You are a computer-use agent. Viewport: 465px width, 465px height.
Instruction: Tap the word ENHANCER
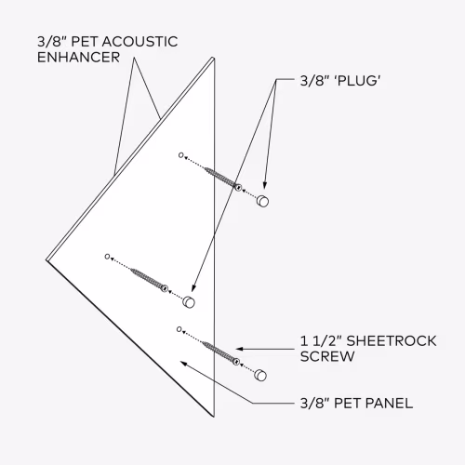78,57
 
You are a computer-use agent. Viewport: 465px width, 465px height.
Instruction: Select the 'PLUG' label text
358,81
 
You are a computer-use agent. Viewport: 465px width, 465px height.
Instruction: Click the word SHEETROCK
392,341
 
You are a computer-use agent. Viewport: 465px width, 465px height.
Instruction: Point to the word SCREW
327,356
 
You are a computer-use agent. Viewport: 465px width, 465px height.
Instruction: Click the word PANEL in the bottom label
390,404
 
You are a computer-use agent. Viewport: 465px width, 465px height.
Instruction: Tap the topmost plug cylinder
262,201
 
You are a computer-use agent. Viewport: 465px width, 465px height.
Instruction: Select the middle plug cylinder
189,302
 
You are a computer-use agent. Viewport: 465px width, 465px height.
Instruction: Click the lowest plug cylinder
260,375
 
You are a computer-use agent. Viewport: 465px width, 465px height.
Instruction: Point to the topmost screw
223,178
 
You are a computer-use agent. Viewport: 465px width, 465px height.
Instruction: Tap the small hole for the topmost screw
181,155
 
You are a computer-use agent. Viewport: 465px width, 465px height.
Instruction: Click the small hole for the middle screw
107,257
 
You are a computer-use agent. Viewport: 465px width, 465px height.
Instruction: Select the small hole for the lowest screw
179,329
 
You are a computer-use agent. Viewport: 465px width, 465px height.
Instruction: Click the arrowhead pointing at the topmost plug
264,185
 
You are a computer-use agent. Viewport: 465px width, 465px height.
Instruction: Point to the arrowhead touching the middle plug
193,288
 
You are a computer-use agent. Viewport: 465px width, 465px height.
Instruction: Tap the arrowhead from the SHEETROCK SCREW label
240,349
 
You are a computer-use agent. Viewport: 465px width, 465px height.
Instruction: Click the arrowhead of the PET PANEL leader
183,364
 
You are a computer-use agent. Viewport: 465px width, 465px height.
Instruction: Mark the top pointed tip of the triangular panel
213,58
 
